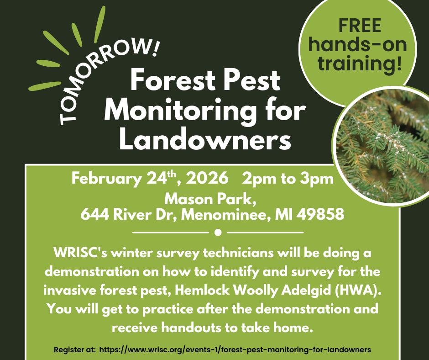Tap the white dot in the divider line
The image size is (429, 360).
pos(217,233)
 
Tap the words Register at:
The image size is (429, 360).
pos(73,349)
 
